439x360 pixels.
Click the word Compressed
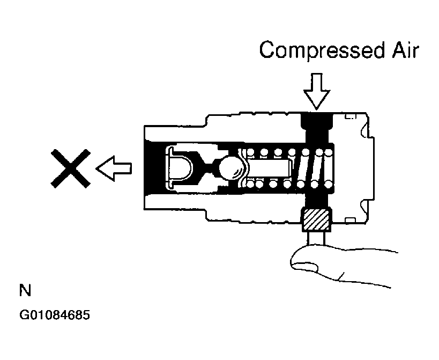coord(322,50)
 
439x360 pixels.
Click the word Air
coord(405,50)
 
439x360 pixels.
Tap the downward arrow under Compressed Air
coord(317,91)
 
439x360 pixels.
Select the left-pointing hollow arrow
coord(114,168)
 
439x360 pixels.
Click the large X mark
coord(70,168)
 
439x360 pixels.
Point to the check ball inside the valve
coord(232,168)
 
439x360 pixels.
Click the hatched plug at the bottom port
coord(316,220)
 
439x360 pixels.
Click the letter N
coord(25,290)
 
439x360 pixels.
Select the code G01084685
coord(55,315)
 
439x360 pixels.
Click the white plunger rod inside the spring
coord(269,168)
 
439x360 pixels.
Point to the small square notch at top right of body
coord(351,115)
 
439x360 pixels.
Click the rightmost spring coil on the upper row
coord(328,152)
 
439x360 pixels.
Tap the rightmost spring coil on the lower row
coord(328,184)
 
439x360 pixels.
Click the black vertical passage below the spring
coord(316,200)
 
